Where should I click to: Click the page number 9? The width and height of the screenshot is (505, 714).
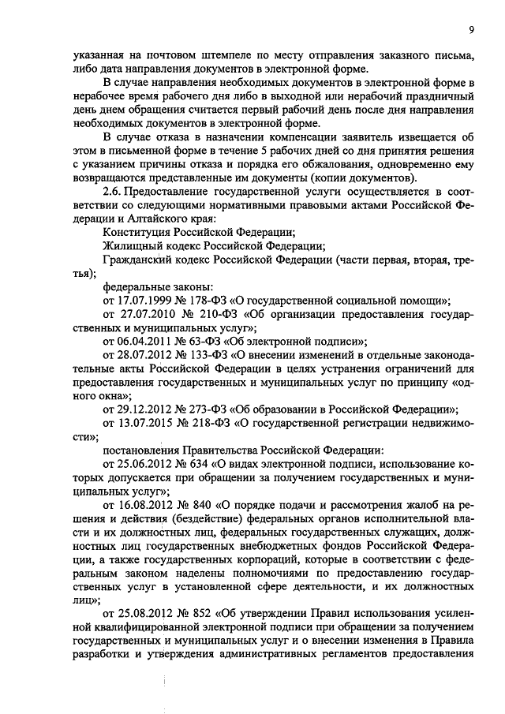(x=470, y=29)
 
